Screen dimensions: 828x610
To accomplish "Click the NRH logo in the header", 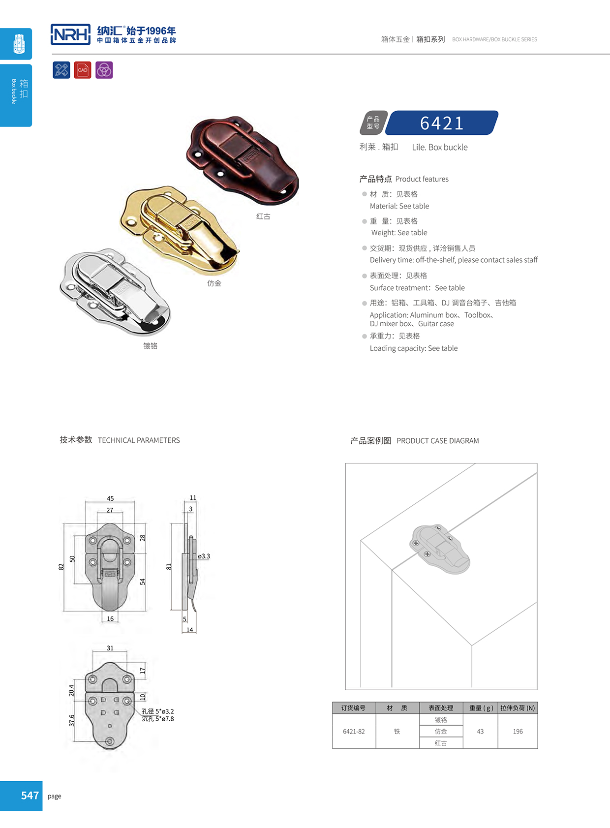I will tap(71, 34).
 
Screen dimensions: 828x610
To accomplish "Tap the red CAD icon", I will tap(83, 70).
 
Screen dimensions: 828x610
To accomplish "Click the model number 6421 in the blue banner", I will tap(442, 123).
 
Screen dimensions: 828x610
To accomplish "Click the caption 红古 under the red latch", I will tap(263, 216).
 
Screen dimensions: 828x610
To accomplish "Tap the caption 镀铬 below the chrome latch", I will tap(151, 346).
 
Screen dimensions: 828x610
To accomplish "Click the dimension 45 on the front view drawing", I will tap(110, 498).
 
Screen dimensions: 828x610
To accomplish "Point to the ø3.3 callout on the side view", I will tap(204, 556).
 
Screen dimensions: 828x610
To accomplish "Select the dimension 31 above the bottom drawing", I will tap(110, 648).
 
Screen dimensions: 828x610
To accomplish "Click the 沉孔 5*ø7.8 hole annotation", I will tap(158, 719).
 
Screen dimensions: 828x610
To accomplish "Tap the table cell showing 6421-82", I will tap(354, 732).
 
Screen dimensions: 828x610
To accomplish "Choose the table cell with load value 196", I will tap(518, 732).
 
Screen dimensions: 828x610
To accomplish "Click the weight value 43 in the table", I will tap(480, 732).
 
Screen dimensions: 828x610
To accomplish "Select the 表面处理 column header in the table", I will tap(441, 708).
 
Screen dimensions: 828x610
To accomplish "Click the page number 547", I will tap(30, 796).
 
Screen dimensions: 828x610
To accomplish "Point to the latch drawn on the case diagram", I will tap(440, 549).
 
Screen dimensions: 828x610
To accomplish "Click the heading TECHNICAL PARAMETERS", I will tap(139, 440).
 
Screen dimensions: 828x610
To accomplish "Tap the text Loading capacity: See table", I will tap(414, 348).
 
